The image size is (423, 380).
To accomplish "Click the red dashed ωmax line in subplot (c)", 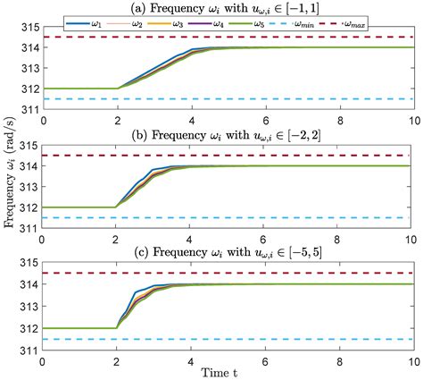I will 268,272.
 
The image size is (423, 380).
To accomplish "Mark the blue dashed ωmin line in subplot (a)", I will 268,98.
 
